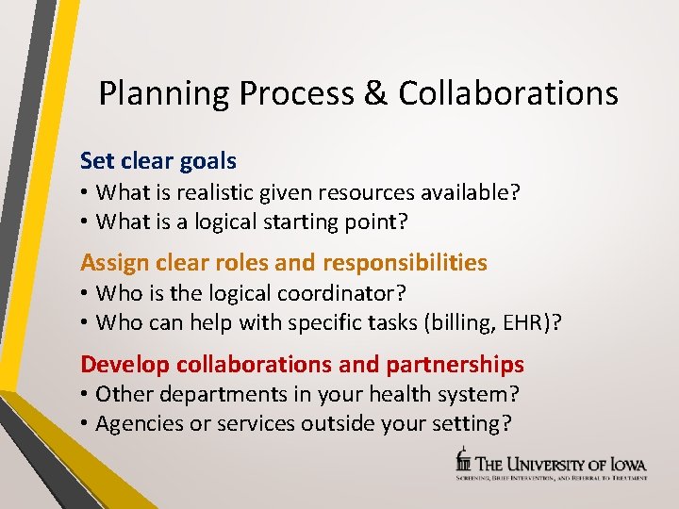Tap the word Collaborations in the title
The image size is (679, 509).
(508, 93)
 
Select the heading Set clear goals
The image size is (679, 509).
(158, 160)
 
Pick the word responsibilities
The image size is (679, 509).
(405, 262)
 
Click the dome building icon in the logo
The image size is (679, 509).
(462, 459)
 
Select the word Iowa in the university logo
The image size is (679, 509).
(627, 462)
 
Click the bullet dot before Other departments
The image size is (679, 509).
(85, 395)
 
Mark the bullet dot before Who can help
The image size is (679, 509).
(85, 322)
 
